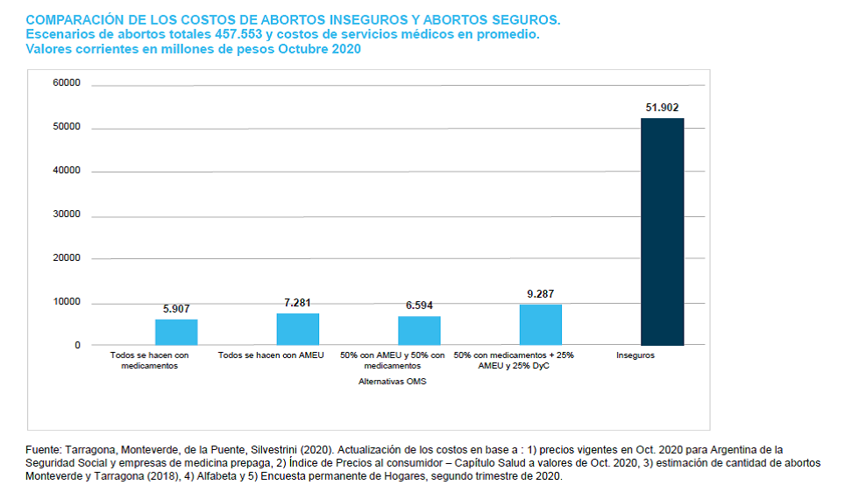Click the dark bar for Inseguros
click(662, 232)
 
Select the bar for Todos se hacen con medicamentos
click(176, 333)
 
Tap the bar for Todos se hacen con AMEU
click(297, 329)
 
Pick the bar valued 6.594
click(419, 331)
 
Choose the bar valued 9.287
click(540, 325)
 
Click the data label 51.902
click(662, 107)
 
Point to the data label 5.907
click(176, 309)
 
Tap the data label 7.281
click(297, 302)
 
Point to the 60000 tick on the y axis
click(67, 83)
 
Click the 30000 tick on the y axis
click(67, 214)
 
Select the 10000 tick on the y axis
click(67, 302)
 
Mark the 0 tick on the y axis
click(76, 345)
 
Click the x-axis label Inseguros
click(636, 355)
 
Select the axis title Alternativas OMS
click(392, 382)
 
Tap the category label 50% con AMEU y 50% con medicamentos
click(392, 361)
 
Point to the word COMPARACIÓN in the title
click(73, 19)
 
